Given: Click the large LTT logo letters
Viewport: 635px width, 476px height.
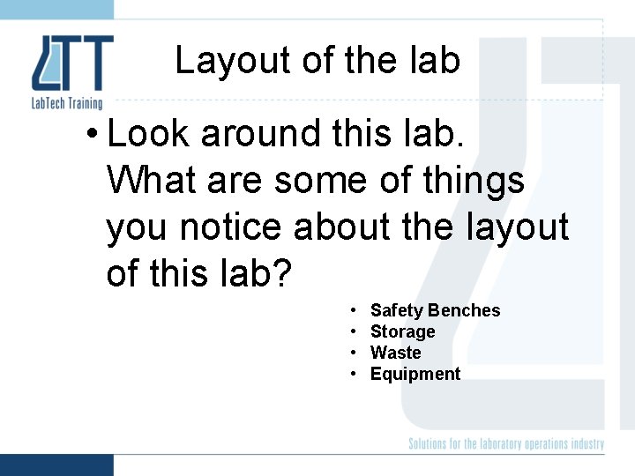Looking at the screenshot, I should [x=72, y=63].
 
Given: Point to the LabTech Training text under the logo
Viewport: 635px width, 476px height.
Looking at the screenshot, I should [x=67, y=104].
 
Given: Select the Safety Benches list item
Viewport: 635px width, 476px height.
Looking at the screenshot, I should [x=435, y=310].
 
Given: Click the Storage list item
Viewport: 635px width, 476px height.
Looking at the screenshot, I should [x=402, y=332].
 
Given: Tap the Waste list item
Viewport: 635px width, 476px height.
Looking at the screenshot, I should [x=395, y=353].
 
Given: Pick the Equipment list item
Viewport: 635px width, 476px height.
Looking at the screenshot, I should [x=415, y=375].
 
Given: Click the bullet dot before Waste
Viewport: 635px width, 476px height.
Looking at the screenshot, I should [x=353, y=353].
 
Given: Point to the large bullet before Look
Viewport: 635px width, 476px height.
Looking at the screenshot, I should [x=92, y=135].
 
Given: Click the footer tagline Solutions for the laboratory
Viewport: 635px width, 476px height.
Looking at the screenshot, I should [x=505, y=444].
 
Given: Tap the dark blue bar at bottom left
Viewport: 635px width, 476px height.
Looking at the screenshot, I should [x=56, y=465].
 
